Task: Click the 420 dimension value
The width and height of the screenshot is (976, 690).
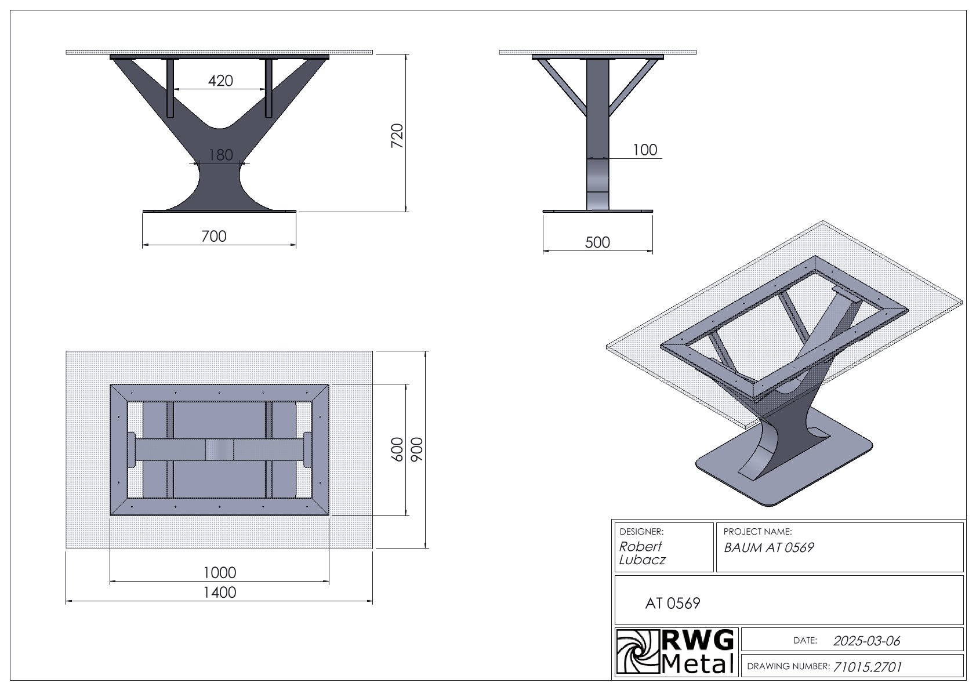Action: pyautogui.click(x=220, y=81)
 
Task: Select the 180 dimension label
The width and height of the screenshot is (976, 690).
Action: pyautogui.click(x=220, y=155)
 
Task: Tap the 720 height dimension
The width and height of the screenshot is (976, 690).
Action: pyautogui.click(x=397, y=136)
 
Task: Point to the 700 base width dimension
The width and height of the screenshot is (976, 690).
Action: pyautogui.click(x=214, y=236)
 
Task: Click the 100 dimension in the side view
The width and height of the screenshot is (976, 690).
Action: pyautogui.click(x=645, y=150)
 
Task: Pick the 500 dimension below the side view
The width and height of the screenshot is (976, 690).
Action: pyautogui.click(x=597, y=242)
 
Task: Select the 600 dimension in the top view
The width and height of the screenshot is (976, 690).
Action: pyautogui.click(x=398, y=449)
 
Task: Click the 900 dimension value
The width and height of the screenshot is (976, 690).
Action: pyautogui.click(x=417, y=449)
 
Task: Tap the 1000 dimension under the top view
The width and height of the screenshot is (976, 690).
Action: pyautogui.click(x=220, y=572)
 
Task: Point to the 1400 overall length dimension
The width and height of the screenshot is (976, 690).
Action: pyautogui.click(x=220, y=593)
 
